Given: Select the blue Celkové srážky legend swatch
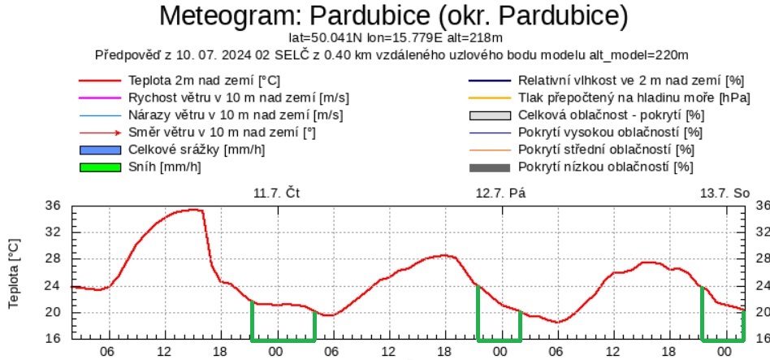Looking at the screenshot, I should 99,150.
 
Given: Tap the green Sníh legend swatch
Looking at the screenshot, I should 99,167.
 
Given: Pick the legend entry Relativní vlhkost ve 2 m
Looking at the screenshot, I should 630,81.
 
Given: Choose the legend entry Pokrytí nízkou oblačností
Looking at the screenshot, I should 605,167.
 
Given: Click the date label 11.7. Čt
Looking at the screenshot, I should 275,193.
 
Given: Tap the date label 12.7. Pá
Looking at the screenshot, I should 498,193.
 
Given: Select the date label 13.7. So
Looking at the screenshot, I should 725,193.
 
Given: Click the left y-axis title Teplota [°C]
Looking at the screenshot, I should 15,274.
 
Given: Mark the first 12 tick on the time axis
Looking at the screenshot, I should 163,351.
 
